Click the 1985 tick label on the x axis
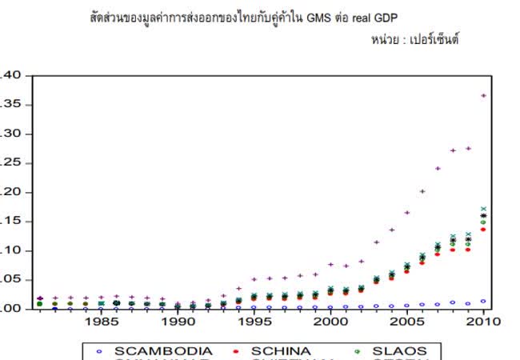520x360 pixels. click(x=102, y=322)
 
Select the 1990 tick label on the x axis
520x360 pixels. click(x=178, y=322)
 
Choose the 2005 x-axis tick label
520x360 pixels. click(x=407, y=322)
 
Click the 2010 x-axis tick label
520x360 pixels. click(x=483, y=322)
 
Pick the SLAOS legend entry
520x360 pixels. click(x=399, y=350)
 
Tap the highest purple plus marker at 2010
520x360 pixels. click(x=483, y=95)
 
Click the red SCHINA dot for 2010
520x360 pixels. click(x=483, y=230)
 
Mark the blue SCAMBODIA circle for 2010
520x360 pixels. click(x=483, y=302)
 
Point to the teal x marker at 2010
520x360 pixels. click(x=483, y=209)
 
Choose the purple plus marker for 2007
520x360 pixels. click(x=438, y=168)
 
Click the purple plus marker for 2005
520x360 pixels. click(x=407, y=212)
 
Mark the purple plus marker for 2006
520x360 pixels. click(x=422, y=191)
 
